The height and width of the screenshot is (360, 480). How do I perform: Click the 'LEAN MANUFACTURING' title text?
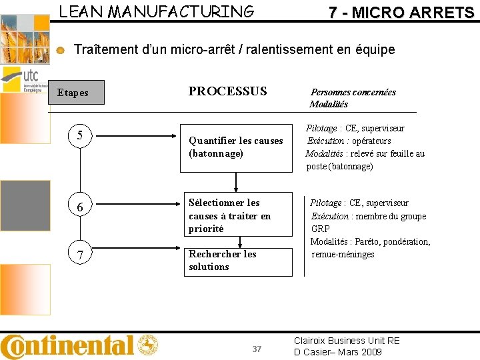(x=157, y=11)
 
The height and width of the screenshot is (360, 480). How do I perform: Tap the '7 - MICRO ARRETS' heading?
(x=401, y=12)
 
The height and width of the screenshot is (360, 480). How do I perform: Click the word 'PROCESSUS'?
(x=227, y=91)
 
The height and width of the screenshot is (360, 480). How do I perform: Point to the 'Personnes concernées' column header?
(x=353, y=93)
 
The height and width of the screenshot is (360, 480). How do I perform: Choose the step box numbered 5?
(x=80, y=136)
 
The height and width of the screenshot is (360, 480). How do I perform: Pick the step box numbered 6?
(x=80, y=207)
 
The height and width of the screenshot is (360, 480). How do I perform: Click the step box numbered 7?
(x=80, y=255)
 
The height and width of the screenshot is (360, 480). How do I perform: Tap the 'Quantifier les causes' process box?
(x=238, y=147)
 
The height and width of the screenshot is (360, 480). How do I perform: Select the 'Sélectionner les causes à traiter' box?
(x=238, y=215)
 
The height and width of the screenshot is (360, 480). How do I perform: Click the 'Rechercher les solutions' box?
(x=238, y=261)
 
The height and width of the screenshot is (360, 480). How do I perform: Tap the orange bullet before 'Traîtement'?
(x=61, y=50)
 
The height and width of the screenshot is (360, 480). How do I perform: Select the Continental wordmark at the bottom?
(x=67, y=345)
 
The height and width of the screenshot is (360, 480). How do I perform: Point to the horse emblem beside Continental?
(x=147, y=345)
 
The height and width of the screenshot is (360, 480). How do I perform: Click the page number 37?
(x=257, y=349)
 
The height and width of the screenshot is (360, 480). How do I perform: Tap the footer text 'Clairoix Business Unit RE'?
(x=347, y=341)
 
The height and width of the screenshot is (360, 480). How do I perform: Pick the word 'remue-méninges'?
(x=343, y=254)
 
